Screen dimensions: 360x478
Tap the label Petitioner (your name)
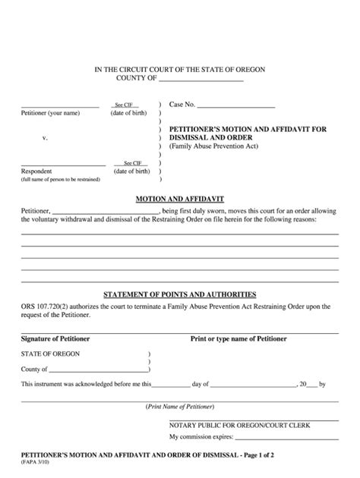click(50, 113)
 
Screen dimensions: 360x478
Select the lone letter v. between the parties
click(45, 138)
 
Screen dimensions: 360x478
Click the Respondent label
click(36, 171)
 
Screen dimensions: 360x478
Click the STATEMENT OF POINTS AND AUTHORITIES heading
click(179, 294)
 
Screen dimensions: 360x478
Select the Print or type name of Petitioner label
click(238, 339)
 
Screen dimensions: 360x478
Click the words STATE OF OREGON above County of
click(50, 354)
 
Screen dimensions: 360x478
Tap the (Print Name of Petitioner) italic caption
click(180, 407)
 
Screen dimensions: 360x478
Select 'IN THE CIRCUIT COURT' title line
click(179, 69)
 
